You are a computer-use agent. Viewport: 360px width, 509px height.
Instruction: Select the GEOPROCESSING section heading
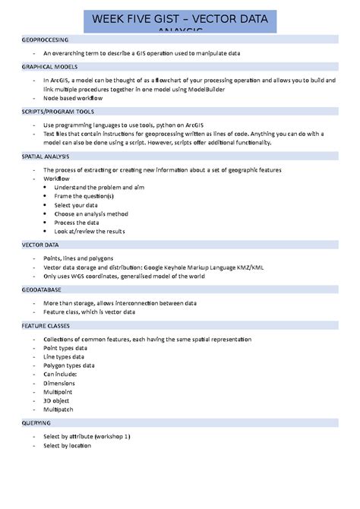pyautogui.click(x=46, y=39)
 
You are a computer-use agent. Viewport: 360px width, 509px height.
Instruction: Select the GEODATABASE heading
pyautogui.click(x=43, y=289)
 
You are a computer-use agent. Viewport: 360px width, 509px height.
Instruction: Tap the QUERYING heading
pyautogui.click(x=36, y=422)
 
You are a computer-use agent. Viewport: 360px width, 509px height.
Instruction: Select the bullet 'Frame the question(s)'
pyautogui.click(x=84, y=196)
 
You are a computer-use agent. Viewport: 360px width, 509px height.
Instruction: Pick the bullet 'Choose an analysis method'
pyautogui.click(x=91, y=213)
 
